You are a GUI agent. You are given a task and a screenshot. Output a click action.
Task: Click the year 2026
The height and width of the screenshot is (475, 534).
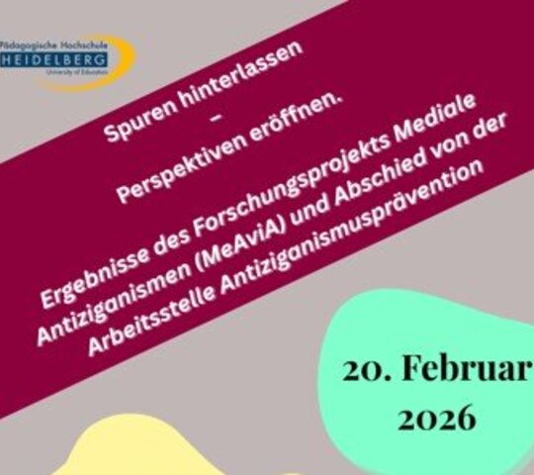click(435, 418)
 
